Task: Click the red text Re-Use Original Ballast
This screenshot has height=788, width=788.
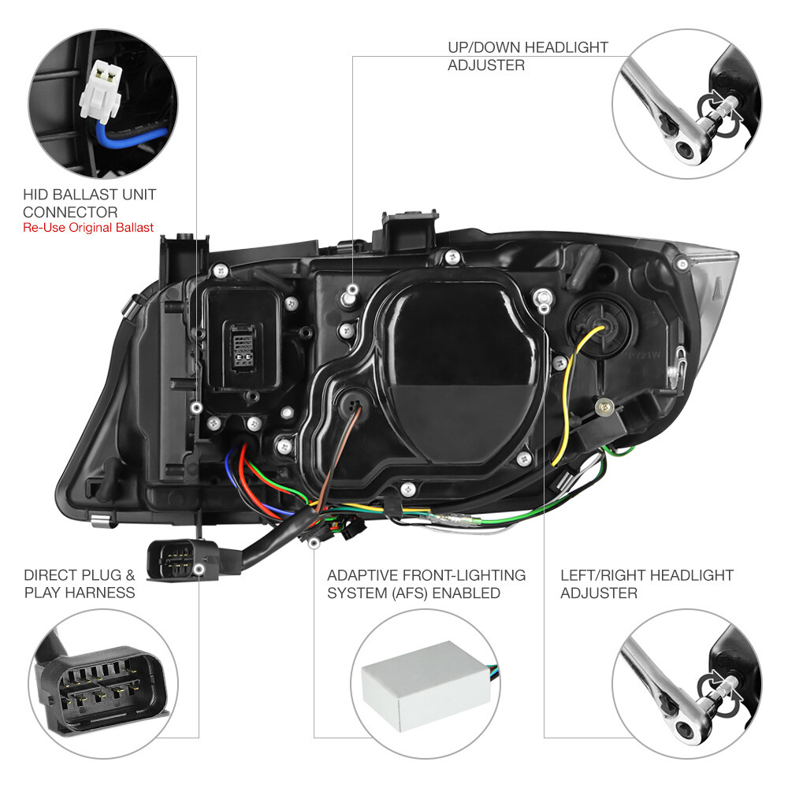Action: pos(88,228)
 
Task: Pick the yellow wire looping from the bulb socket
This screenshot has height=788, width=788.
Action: pos(567,394)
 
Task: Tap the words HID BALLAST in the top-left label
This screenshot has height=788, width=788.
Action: pos(69,194)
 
